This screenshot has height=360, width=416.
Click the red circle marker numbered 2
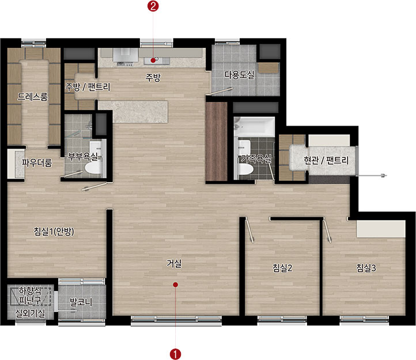[x=153, y=6]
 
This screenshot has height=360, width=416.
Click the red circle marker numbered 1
[x=175, y=354]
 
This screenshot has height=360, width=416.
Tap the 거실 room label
[x=174, y=263]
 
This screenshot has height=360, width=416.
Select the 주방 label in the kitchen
[x=153, y=77]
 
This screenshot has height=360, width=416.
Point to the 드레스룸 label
[x=32, y=97]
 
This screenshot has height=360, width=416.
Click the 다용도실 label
[x=239, y=75]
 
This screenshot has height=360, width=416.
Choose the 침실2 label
[x=282, y=268]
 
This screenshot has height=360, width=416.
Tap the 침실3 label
[x=366, y=268]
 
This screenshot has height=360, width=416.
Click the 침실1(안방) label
[x=54, y=232]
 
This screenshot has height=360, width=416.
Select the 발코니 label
[x=81, y=302]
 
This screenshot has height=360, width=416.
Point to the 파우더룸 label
[x=37, y=162]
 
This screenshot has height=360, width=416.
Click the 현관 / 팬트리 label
[x=326, y=160]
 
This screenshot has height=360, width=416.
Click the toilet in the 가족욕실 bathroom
[x=245, y=169]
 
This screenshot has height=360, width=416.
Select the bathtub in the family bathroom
[x=255, y=127]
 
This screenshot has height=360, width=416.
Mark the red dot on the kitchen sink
[x=153, y=60]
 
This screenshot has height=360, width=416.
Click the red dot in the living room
[x=175, y=285]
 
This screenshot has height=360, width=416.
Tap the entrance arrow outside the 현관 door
[x=371, y=175]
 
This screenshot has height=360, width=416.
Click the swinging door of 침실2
[x=249, y=230]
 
